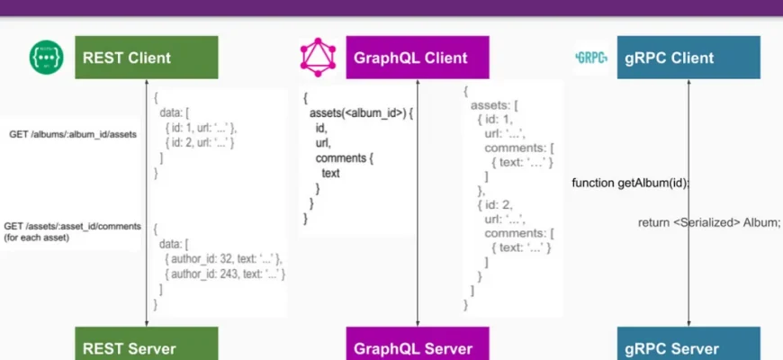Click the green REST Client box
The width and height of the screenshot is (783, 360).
[x=146, y=58]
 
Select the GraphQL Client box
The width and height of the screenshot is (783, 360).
[x=418, y=58]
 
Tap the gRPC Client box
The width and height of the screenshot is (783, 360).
[x=688, y=58]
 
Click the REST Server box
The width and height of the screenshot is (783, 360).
[x=146, y=346]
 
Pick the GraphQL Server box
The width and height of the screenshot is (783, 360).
[x=418, y=347]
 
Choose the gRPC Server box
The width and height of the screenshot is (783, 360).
[x=688, y=347]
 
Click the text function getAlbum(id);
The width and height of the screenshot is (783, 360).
[x=630, y=183]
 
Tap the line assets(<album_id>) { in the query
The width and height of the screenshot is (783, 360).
[x=354, y=113]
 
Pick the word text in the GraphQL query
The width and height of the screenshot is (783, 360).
[x=330, y=173]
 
